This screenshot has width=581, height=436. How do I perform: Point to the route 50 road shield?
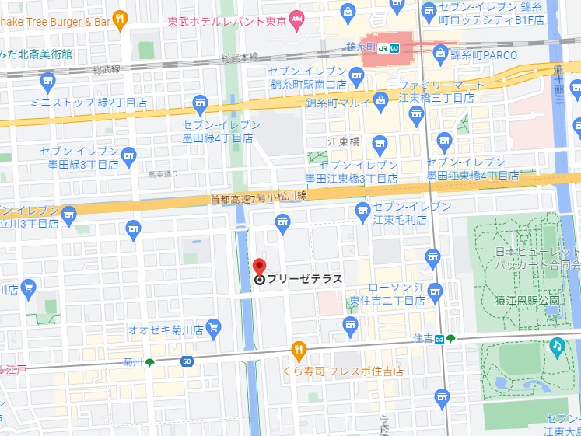pos(187,361)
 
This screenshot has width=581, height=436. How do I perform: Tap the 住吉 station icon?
pos(439,339)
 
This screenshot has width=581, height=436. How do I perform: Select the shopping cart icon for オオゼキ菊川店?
pos(213,327)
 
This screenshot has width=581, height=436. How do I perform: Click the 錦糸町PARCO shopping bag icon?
pos(441,53)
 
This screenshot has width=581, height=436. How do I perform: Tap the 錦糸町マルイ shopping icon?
pos(380,100)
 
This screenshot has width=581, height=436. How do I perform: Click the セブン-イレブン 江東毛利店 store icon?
pos(362,209)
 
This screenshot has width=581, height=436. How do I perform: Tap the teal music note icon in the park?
pos(557,344)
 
